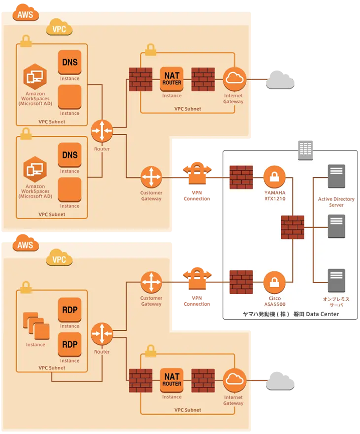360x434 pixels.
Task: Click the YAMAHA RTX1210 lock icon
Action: [274, 177]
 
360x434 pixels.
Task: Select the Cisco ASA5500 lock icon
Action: [274, 282]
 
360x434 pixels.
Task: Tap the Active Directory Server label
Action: [336, 202]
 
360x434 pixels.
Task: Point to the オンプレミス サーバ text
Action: [336, 302]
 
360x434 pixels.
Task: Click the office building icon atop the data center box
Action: [305, 150]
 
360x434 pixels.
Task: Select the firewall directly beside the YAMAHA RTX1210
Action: [241, 177]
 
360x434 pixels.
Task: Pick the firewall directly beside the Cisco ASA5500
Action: [241, 282]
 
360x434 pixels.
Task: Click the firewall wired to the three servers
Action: [293, 227]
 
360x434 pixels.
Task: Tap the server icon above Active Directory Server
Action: [336, 176]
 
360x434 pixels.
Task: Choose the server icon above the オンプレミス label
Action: [336, 280]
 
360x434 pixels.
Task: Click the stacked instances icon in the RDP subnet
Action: [36, 326]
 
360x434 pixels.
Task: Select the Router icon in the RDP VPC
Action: [102, 334]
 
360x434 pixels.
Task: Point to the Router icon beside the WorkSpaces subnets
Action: [102, 131]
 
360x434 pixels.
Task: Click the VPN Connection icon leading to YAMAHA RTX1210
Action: [197, 173]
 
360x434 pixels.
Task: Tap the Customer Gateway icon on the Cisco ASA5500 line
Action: [151, 282]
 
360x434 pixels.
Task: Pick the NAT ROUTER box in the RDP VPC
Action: [171, 380]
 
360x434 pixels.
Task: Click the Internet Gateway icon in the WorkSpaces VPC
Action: [235, 79]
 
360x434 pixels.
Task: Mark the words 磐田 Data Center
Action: [316, 314]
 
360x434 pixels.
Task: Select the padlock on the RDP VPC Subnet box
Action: [26, 287]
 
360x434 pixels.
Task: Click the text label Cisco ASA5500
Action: [275, 301]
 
